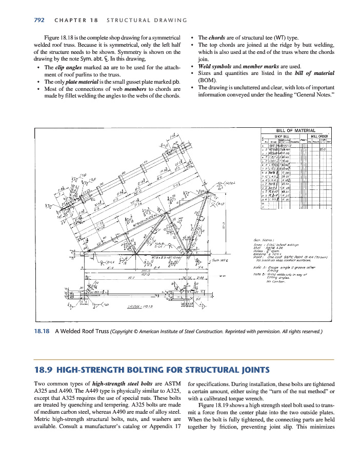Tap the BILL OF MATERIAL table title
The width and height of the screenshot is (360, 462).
[x=295, y=130]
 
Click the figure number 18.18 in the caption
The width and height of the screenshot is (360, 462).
[x=42, y=331]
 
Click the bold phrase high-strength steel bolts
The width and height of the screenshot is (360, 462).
[x=124, y=383]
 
